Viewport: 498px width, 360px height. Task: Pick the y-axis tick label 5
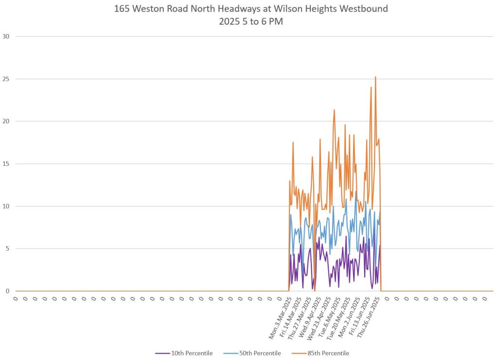point(7,249)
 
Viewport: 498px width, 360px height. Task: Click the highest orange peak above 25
point(375,77)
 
